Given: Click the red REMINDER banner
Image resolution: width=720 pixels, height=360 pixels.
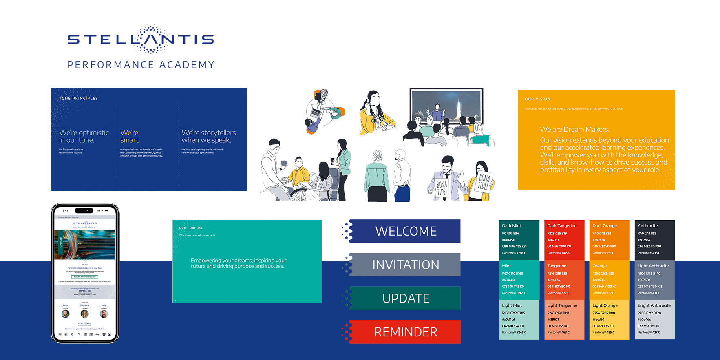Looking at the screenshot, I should pyautogui.click(x=406, y=332).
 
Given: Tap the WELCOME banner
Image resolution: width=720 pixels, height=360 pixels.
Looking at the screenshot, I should pyautogui.click(x=406, y=231).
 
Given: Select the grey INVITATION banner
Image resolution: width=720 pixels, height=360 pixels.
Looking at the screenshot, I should pyautogui.click(x=406, y=265).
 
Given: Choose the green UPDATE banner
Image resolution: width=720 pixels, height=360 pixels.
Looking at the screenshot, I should pyautogui.click(x=406, y=298).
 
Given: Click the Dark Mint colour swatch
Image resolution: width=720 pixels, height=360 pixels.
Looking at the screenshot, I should pyautogui.click(x=519, y=240).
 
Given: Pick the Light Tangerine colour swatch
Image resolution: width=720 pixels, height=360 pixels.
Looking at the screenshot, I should pyautogui.click(x=564, y=320).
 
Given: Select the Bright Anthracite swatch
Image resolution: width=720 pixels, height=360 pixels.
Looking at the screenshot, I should pyautogui.click(x=654, y=320).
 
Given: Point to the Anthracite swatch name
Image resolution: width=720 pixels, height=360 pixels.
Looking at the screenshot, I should pyautogui.click(x=647, y=225).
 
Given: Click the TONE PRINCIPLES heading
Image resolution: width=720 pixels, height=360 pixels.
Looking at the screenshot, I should pyautogui.click(x=78, y=98).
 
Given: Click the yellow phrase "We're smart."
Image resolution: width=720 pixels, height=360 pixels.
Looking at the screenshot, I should pyautogui.click(x=130, y=136).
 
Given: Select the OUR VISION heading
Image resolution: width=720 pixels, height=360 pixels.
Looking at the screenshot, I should pyautogui.click(x=537, y=99).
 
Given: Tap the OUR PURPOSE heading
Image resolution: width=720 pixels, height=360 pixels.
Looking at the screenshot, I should pyautogui.click(x=191, y=228).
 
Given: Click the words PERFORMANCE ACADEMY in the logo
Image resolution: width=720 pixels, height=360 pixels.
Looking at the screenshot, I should pyautogui.click(x=141, y=65).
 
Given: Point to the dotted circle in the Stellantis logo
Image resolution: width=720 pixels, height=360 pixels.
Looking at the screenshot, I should pyautogui.click(x=151, y=39).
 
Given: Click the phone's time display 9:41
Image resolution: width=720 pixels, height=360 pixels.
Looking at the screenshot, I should pyautogui.click(x=66, y=210).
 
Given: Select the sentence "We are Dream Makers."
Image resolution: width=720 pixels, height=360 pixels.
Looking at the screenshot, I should pyautogui.click(x=574, y=129).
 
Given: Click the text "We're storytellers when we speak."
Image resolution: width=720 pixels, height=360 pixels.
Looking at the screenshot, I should pyautogui.click(x=208, y=136).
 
